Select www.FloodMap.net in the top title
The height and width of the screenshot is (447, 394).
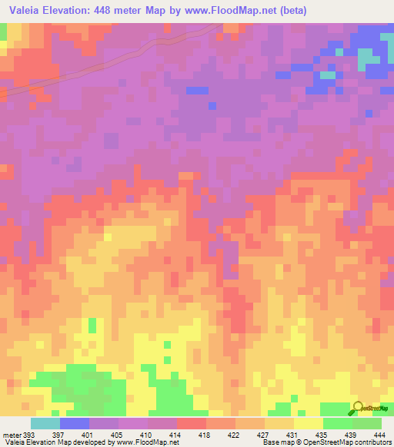tap(252, 11)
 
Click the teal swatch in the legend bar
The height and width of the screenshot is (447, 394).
tap(45, 424)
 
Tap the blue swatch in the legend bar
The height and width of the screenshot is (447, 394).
tap(75, 424)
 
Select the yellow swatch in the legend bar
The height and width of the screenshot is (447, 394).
tap(309, 424)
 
